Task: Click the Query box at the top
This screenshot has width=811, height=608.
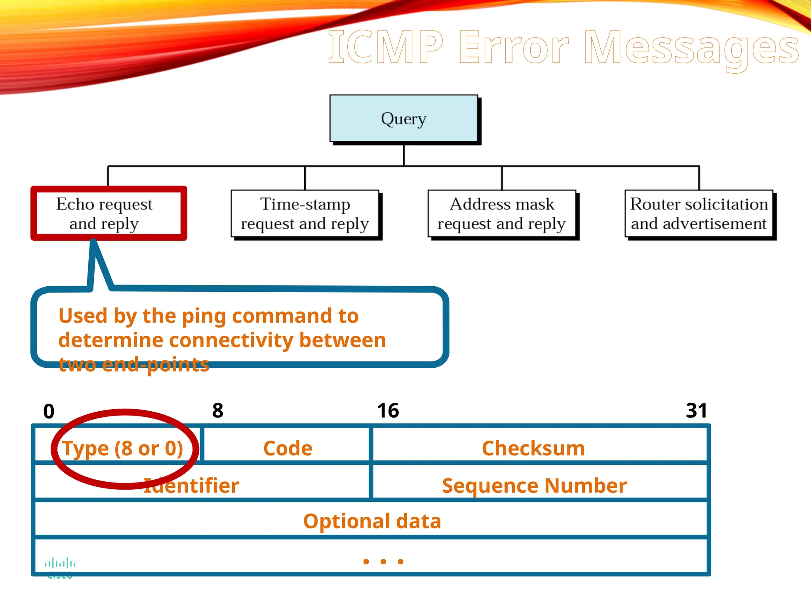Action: pos(404,118)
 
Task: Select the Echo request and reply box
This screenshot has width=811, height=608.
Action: pos(104,214)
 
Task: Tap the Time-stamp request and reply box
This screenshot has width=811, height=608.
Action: pos(305,214)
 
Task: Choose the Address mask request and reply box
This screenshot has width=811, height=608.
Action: pos(502,214)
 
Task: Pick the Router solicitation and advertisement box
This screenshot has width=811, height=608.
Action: pos(699,214)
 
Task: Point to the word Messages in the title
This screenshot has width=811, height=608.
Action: pos(691,48)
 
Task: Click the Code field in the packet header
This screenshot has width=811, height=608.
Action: pos(288,448)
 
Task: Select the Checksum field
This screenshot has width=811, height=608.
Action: pos(533,448)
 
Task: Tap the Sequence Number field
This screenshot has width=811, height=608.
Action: pos(534,485)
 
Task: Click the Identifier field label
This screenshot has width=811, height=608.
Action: pos(192,486)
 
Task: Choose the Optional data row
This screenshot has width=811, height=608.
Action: pos(372,521)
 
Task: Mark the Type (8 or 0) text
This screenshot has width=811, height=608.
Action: pos(123,448)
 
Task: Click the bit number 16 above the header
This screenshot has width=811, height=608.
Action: pos(388,410)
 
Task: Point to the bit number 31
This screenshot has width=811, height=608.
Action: pos(696,410)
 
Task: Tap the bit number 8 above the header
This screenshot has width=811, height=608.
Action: pos(218,410)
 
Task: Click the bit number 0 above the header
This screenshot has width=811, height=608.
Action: pos(49,411)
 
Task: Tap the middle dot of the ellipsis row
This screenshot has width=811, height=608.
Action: pos(383,561)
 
